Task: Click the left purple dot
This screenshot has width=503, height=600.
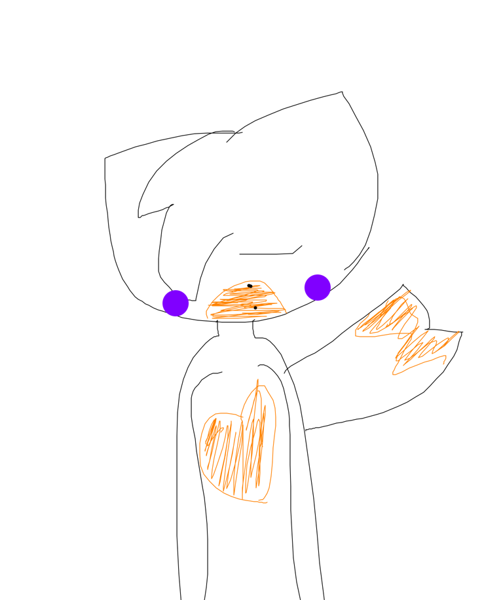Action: pyautogui.click(x=176, y=303)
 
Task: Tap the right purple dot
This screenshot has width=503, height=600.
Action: pyautogui.click(x=318, y=288)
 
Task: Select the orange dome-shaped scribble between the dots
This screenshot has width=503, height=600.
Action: pyautogui.click(x=246, y=301)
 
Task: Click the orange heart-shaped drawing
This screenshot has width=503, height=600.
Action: pyautogui.click(x=238, y=449)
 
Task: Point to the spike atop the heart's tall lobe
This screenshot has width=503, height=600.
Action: pyautogui.click(x=257, y=381)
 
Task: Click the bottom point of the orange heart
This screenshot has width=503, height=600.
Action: pyautogui.click(x=263, y=502)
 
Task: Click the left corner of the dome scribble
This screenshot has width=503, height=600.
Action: pyautogui.click(x=208, y=316)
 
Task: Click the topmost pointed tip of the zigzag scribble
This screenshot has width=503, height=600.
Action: pyautogui.click(x=411, y=290)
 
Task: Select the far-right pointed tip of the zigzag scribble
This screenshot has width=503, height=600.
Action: pyautogui.click(x=458, y=331)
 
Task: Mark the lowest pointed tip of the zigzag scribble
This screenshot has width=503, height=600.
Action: pyautogui.click(x=394, y=375)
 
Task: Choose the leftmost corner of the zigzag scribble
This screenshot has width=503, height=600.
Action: pyautogui.click(x=356, y=334)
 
